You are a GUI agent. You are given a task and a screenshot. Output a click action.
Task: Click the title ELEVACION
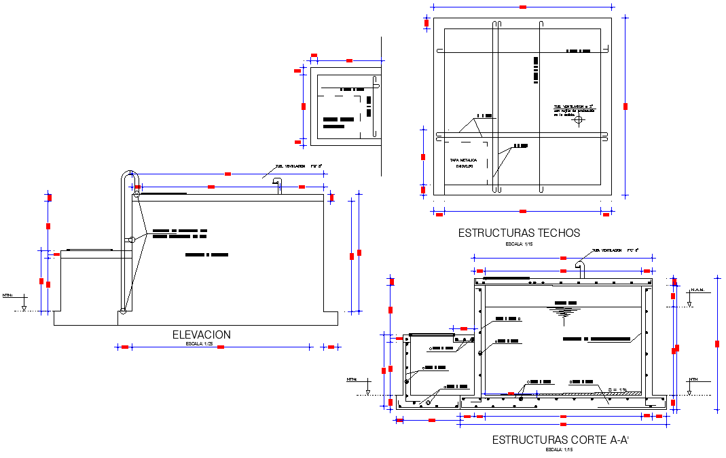pos(201,335)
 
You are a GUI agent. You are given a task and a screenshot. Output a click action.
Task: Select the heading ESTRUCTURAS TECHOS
pos(519,233)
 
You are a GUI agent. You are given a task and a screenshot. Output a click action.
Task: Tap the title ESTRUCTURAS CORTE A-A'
pos(561,440)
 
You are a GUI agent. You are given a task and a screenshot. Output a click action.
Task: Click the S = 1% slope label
pos(618,389)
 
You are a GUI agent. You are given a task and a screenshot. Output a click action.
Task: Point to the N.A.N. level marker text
pos(697,290)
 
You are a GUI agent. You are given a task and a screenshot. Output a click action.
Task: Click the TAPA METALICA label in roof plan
pos(463,161)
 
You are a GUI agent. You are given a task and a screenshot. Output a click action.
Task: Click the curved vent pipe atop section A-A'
pos(581,266)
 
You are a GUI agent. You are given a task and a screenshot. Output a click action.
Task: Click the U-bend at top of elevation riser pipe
pos(128,174)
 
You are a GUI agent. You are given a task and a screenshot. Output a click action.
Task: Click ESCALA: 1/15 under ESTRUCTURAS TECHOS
pos(519,243)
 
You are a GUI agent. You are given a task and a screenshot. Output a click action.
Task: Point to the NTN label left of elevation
pos(7,296)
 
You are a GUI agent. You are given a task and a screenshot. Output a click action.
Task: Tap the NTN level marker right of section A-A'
pos(693,380)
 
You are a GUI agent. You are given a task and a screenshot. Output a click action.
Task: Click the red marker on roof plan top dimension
pos(523,7)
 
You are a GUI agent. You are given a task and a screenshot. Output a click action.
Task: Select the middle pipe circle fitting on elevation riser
pos(132,240)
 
